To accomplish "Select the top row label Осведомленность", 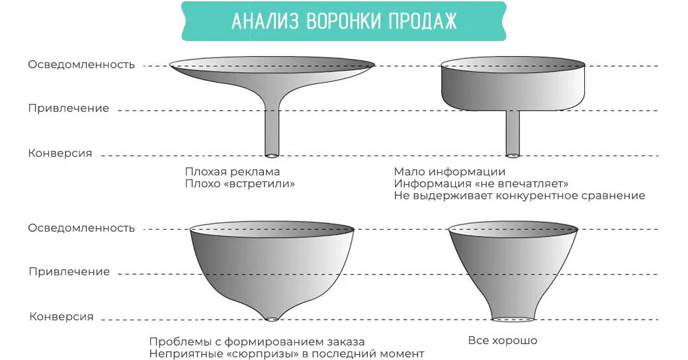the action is click(x=81, y=65).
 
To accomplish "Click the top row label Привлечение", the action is click(x=69, y=109).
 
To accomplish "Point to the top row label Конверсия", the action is click(x=60, y=153).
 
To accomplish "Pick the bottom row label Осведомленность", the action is click(x=81, y=228).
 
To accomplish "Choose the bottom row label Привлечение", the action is click(x=69, y=271).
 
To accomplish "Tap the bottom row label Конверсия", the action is click(x=61, y=316).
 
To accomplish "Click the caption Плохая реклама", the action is click(x=232, y=171).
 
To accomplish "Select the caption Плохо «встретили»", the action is click(x=239, y=183).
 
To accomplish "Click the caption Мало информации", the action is click(x=449, y=171).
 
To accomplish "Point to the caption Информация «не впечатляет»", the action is click(x=481, y=183).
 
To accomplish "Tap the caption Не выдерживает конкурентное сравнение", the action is click(x=519, y=196).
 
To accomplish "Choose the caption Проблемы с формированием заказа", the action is click(x=257, y=341).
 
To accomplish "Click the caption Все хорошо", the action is click(x=502, y=341).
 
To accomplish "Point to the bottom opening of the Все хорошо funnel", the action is click(x=513, y=319).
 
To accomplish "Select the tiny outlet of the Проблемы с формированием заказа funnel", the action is click(x=272, y=319).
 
